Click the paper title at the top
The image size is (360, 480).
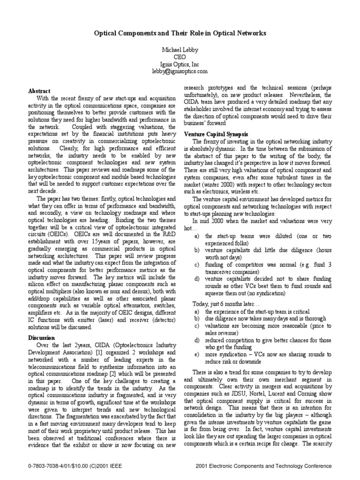click(180, 34)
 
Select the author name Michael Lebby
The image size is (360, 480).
click(180, 49)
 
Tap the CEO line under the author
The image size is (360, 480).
click(180, 56)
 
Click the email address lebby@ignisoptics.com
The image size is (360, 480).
click(180, 71)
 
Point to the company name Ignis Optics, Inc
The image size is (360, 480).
click(180, 64)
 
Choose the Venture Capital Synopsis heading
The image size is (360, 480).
click(216, 134)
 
